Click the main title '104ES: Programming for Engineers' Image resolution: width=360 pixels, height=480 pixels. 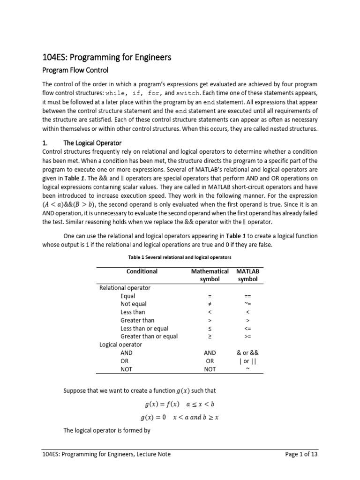click(106, 57)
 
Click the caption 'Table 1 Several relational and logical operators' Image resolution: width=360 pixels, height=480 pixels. click(180, 257)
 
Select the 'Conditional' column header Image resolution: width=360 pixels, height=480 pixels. click(142, 271)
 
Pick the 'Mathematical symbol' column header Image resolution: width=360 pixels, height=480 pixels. click(210, 275)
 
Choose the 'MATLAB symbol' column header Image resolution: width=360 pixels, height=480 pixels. click(247, 275)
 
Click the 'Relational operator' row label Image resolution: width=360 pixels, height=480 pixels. click(125, 288)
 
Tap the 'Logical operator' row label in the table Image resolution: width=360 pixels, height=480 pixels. click(120, 345)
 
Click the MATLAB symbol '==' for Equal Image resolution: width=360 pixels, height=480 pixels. click(247, 296)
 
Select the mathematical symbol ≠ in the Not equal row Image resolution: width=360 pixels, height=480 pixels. click(210, 304)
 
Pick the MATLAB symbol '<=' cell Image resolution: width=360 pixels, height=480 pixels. click(247, 329)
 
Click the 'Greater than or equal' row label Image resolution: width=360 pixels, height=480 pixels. click(149, 336)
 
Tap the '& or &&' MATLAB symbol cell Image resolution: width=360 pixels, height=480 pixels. click(247, 353)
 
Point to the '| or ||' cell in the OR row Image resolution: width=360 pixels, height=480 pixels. click(247, 361)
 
